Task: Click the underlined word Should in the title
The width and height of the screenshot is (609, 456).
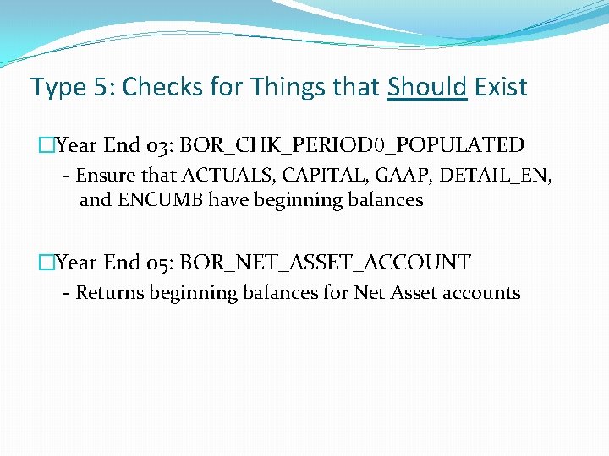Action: click(427, 87)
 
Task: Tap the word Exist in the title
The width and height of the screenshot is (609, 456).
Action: click(501, 87)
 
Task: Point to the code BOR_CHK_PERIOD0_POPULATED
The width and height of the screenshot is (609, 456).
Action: click(352, 145)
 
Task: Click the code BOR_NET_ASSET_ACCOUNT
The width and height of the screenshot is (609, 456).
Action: click(325, 263)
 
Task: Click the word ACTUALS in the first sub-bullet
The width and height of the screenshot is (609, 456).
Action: click(214, 176)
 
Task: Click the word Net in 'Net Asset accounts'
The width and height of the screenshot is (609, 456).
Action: click(369, 293)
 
